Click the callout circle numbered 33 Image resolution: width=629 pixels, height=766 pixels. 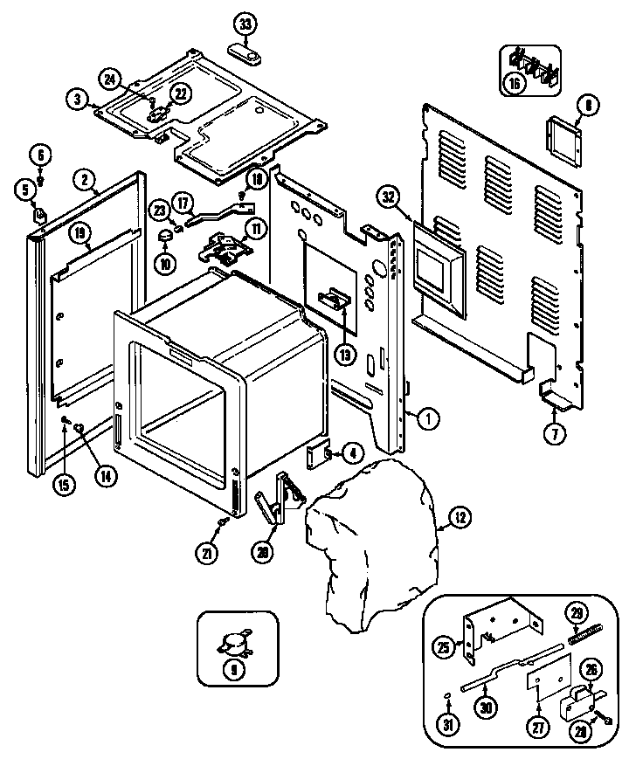pyautogui.click(x=245, y=24)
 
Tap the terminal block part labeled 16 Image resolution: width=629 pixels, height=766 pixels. pyautogui.click(x=531, y=62)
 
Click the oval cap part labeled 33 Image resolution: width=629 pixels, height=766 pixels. pyautogui.click(x=247, y=54)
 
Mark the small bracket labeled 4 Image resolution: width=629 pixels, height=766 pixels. pyautogui.click(x=316, y=455)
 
